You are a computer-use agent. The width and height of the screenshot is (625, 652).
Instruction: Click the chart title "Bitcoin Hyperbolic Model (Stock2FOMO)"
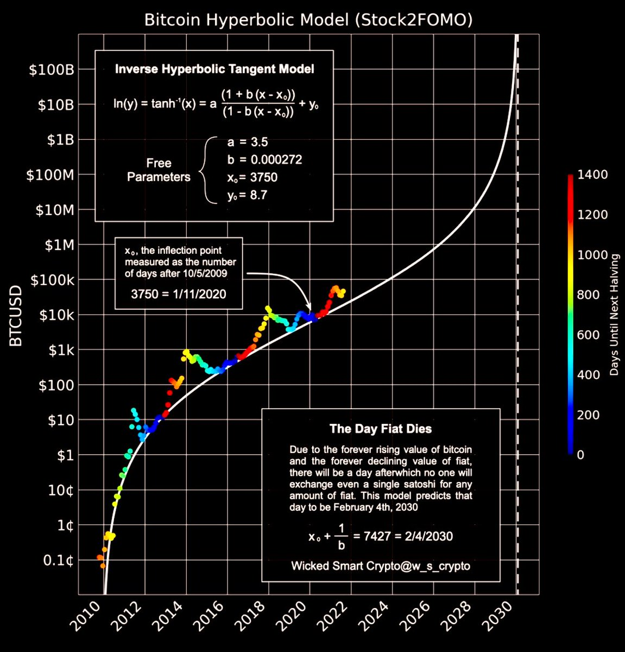[308, 20]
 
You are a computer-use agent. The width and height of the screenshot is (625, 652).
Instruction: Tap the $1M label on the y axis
[58, 245]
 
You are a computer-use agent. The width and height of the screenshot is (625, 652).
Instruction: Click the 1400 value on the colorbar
[592, 174]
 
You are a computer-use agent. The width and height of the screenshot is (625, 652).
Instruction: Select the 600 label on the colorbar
[590, 335]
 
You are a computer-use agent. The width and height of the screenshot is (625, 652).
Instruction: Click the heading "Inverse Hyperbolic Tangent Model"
[214, 69]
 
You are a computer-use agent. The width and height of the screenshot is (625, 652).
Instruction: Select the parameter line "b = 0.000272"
[264, 160]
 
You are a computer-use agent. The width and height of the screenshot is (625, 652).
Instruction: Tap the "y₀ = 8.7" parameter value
[247, 195]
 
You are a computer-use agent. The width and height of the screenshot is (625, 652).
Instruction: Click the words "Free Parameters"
[159, 170]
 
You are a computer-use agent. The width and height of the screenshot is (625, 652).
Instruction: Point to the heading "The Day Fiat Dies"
[381, 429]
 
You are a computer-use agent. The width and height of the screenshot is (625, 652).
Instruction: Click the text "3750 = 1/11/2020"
[179, 294]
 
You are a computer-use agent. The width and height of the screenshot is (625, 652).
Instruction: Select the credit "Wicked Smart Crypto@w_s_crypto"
[381, 566]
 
